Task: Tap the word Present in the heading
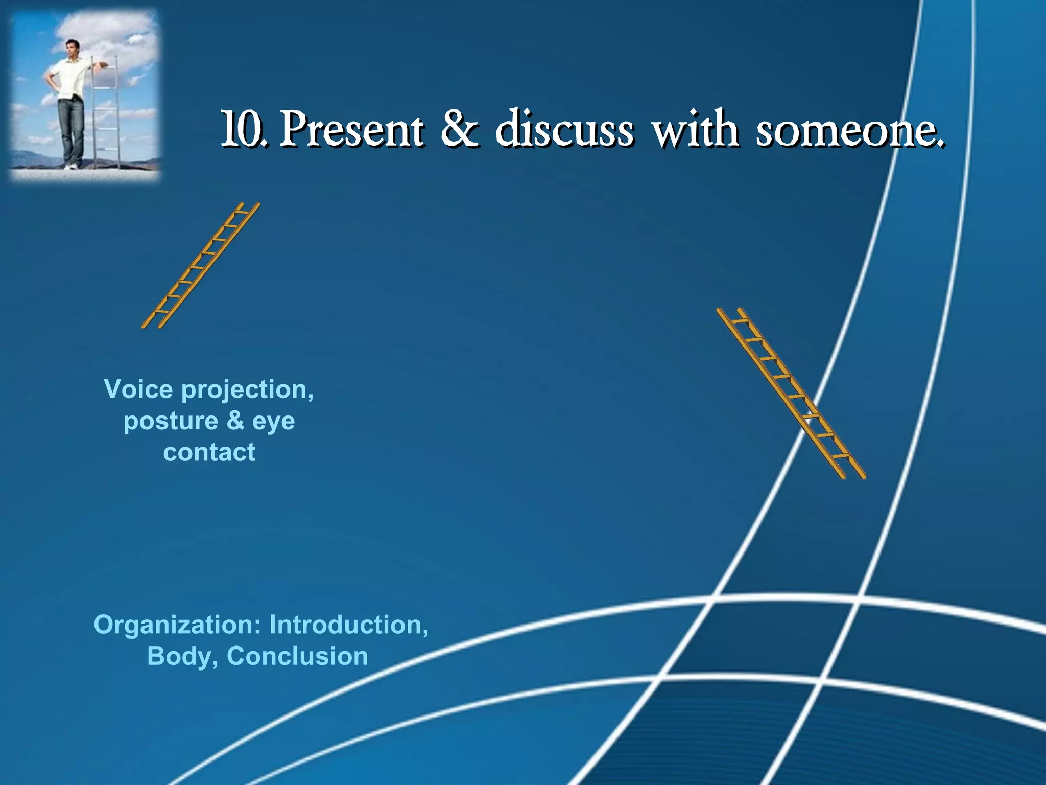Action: (x=352, y=130)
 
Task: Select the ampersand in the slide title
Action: (x=459, y=129)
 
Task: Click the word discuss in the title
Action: (x=564, y=129)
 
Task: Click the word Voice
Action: (x=138, y=389)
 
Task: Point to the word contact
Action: (x=209, y=452)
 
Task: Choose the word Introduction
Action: (x=349, y=625)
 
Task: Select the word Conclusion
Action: (x=297, y=656)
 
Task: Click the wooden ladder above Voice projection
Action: (x=201, y=266)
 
